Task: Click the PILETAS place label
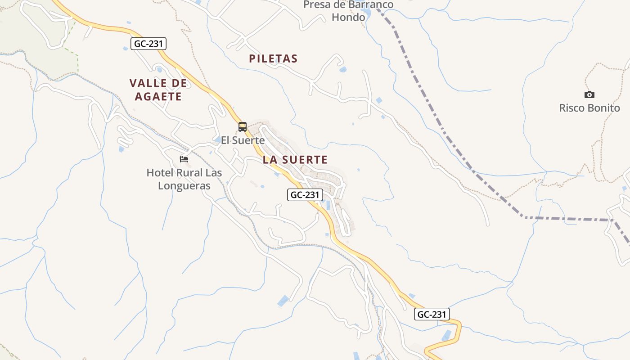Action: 273,58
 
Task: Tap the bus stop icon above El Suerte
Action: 243,127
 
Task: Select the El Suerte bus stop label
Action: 243,140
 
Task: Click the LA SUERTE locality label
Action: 295,160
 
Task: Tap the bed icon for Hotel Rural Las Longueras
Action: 184,159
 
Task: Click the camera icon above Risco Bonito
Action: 589,94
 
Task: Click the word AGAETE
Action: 155,97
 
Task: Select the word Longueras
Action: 184,185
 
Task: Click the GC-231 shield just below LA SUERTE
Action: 305,195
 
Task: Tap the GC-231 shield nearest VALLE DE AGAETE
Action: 149,44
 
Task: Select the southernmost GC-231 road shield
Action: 432,315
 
